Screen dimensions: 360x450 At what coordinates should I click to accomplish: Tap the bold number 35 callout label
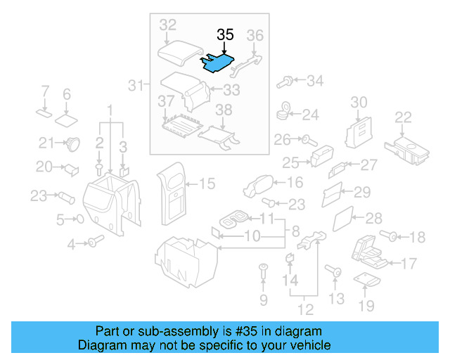tap(225, 34)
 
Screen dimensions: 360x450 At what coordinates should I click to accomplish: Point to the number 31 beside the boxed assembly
tap(135, 86)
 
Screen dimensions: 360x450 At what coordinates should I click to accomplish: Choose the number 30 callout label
tap(359, 103)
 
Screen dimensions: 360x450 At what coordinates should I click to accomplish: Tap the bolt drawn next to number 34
tap(285, 82)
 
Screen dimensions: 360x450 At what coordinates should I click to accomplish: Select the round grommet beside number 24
tap(285, 111)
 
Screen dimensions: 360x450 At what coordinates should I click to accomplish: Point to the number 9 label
tap(264, 300)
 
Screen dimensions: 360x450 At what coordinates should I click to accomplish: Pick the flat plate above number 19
tap(365, 280)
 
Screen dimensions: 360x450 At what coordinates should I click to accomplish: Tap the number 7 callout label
tap(45, 91)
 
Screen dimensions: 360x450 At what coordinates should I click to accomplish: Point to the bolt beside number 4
tap(93, 243)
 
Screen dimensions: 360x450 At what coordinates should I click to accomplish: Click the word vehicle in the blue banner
tap(308, 345)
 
